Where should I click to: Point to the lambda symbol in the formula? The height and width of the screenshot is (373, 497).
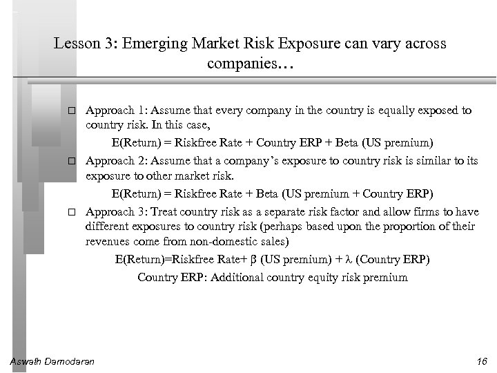tap(348, 260)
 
